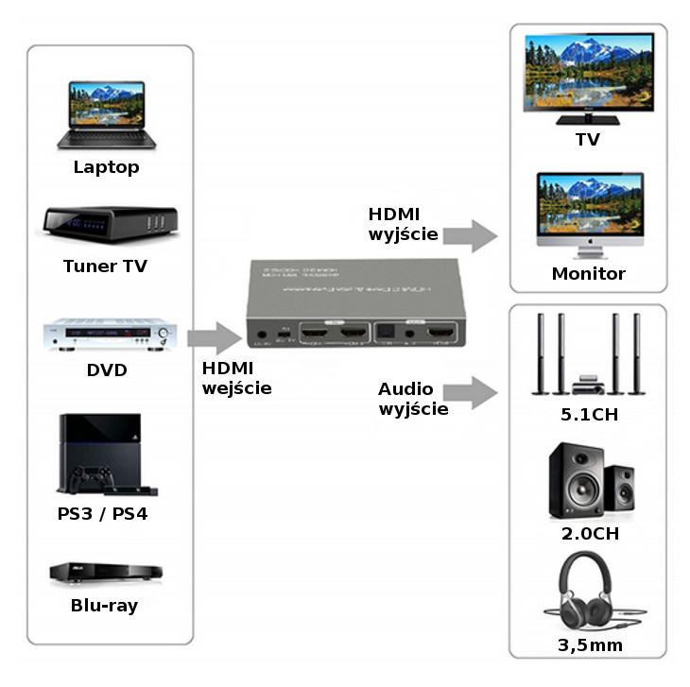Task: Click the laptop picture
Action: (106, 113)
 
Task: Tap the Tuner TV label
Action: (106, 266)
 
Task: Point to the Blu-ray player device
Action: (106, 573)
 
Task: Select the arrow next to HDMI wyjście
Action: (470, 233)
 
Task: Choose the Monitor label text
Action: (588, 274)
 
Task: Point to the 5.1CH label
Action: (589, 415)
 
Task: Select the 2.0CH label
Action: (589, 533)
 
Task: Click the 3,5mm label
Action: (589, 646)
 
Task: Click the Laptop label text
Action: (107, 167)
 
